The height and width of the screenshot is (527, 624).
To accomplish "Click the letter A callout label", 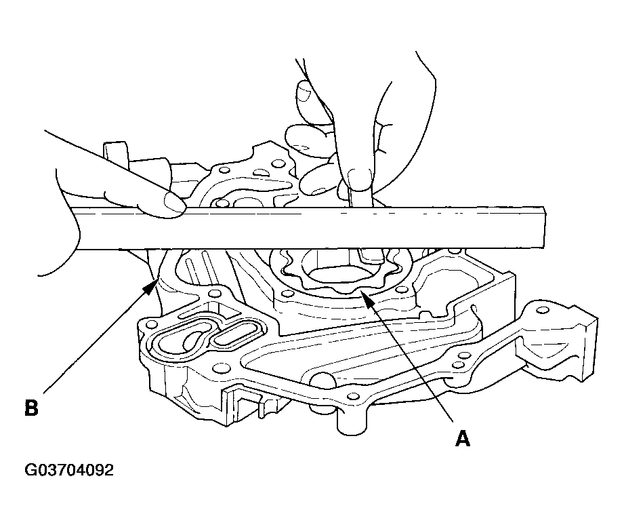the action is click(463, 438).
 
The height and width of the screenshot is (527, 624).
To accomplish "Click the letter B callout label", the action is click(31, 408).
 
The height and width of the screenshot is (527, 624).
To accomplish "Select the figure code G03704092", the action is click(69, 470).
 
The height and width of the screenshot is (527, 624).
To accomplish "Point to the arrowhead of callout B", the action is click(150, 286).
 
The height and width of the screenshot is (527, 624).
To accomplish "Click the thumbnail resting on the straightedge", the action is click(174, 201).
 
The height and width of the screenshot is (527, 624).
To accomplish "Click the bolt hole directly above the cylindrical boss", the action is click(352, 396).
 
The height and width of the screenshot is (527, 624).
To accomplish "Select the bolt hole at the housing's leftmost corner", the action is click(150, 322).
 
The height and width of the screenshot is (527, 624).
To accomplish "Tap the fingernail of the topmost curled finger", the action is click(304, 92).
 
